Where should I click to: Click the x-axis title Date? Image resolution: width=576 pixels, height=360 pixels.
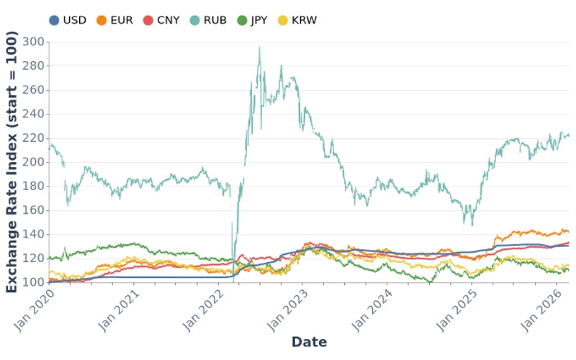pos(309,342)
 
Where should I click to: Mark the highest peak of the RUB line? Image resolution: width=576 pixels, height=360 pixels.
pos(259,48)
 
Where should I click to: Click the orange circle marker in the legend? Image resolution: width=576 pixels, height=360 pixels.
pos(102,20)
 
